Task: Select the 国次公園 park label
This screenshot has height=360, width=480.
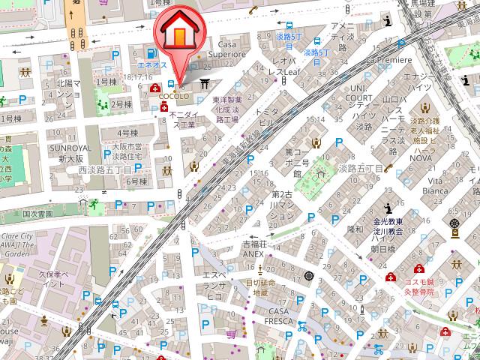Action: click(38, 214)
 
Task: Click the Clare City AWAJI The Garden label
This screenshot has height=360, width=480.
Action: click(16, 244)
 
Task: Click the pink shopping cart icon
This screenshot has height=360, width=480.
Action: click(232, 334)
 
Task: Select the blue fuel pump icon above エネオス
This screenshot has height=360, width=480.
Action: click(152, 53)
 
